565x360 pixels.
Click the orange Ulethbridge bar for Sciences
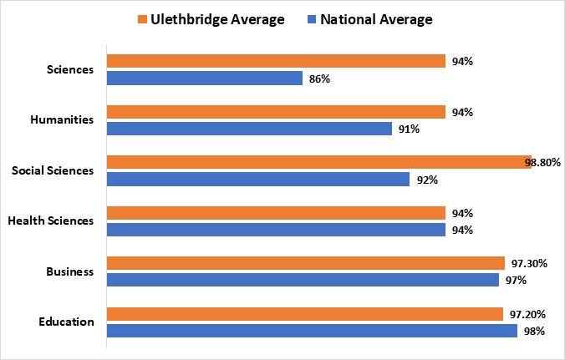click(276, 61)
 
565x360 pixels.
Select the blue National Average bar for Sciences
click(205, 79)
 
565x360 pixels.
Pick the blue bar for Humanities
click(249, 129)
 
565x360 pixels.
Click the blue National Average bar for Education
click(312, 331)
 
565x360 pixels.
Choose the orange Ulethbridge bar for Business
click(306, 263)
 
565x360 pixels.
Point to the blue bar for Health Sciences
click(276, 230)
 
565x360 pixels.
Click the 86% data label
click(319, 79)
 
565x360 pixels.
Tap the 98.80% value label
click(542, 162)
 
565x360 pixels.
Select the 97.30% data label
click(529, 263)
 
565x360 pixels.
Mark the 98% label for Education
click(535, 331)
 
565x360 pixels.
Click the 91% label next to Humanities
click(409, 129)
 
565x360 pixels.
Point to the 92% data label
click(426, 179)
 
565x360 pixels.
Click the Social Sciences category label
click(53, 170)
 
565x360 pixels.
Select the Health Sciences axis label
click(51, 221)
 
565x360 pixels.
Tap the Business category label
click(70, 271)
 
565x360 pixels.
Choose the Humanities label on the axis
click(62, 119)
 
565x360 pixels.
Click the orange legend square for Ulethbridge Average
click(141, 19)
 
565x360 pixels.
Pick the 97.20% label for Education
click(529, 314)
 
